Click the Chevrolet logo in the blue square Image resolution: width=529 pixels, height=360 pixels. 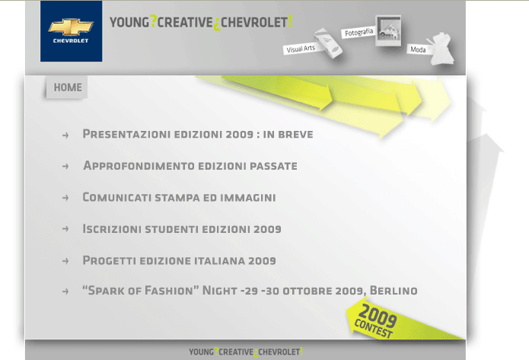coord(72,31)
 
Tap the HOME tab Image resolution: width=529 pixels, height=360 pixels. coord(67,88)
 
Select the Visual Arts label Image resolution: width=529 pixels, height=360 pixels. coord(301,49)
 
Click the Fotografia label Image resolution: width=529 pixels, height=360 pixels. coord(359,33)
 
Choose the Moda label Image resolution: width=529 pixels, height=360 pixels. coord(418,49)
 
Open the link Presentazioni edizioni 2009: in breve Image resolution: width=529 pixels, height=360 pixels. coord(198,134)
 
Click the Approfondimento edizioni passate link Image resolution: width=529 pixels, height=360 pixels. coord(190,166)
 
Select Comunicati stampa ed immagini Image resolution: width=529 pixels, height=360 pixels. coord(179,197)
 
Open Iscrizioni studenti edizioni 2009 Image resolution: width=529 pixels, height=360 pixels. coord(182,229)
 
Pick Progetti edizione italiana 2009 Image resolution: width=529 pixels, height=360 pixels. coord(179,260)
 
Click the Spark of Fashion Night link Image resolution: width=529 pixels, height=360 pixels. coord(250,291)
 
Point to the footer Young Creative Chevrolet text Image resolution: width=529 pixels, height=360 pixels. coord(246,352)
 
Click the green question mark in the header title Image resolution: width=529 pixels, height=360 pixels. coord(153,21)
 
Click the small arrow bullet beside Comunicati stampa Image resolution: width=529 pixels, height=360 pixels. coord(65,198)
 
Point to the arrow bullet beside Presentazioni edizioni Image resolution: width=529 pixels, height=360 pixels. coord(65,135)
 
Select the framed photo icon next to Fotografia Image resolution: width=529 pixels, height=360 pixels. coord(389,30)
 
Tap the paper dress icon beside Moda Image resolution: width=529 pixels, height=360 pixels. coord(441,49)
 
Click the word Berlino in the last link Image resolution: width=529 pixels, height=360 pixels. coord(394,291)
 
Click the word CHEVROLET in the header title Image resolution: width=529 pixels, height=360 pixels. coord(254,23)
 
